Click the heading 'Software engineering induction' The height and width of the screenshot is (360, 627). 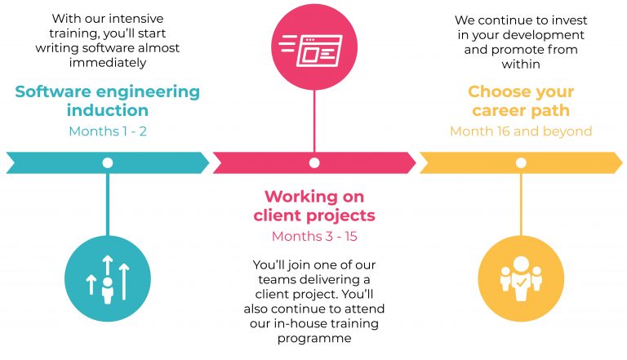tap(107, 100)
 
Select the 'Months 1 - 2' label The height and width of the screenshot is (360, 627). tap(107, 131)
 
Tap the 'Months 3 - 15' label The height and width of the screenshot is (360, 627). tap(314, 236)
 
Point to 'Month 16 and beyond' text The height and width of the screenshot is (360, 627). tap(520, 131)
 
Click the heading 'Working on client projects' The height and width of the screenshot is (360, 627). tap(314, 206)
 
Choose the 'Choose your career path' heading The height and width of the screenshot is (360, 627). tap(520, 100)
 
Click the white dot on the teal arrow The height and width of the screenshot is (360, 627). tap(107, 162)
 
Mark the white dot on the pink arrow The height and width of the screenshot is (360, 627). tap(314, 162)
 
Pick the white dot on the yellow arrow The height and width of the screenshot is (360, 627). tap(521, 162)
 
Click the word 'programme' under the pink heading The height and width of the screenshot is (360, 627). tap(314, 338)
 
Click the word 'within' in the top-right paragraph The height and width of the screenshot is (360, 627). tap(520, 64)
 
